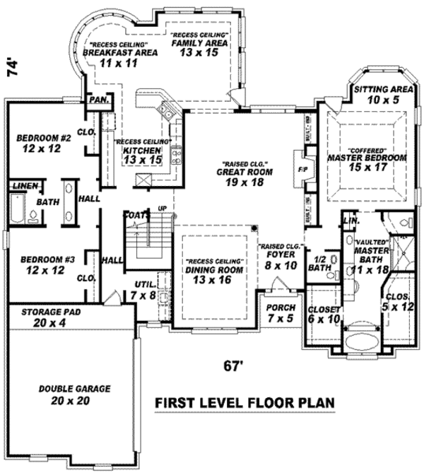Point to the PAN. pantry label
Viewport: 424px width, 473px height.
(98, 100)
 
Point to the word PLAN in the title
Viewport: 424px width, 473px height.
(309, 404)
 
